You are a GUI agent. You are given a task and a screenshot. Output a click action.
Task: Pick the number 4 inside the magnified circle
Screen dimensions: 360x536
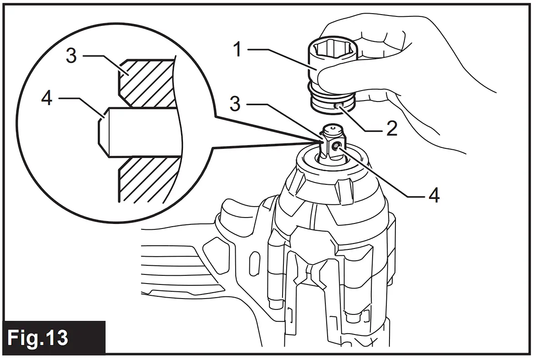(x=47, y=98)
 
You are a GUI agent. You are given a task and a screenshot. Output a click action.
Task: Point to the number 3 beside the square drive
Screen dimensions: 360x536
(x=235, y=104)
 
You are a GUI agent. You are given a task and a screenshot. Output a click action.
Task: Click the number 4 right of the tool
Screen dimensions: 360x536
(x=433, y=195)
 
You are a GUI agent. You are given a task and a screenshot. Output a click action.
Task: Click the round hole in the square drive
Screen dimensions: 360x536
(x=336, y=146)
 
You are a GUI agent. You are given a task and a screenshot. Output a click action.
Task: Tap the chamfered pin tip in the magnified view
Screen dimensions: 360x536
(x=104, y=133)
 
